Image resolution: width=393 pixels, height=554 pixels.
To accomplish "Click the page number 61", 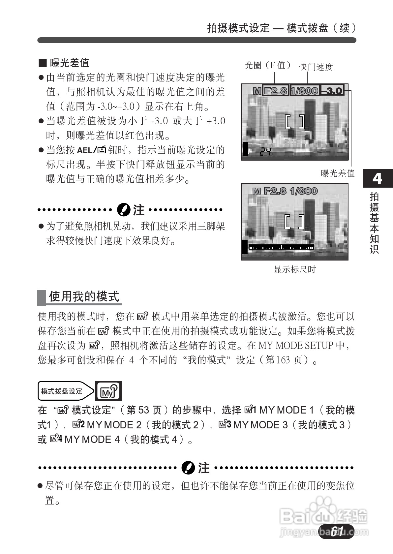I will tap(337, 531).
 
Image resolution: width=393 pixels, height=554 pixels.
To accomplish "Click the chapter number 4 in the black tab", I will tap(377, 178).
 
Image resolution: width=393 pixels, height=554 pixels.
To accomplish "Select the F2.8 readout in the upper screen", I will tap(276, 90).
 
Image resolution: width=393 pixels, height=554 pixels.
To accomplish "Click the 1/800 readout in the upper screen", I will tap(305, 90).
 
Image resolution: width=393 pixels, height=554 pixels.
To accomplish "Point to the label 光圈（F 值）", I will tap(268, 65).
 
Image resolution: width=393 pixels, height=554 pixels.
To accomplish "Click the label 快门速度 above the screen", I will tap(316, 67).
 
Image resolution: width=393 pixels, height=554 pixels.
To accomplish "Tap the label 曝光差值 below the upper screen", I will tap(338, 173).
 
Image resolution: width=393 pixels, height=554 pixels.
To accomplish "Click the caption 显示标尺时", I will tap(295, 269).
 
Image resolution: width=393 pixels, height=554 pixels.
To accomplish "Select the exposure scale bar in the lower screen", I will tap(281, 248).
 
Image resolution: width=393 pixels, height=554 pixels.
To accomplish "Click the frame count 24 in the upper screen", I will tap(265, 152).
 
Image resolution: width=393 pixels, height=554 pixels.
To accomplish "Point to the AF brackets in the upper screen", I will tap(294, 122).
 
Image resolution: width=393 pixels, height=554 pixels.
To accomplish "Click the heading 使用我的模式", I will tap(84, 296).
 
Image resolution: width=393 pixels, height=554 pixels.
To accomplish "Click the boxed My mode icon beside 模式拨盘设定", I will tap(108, 391).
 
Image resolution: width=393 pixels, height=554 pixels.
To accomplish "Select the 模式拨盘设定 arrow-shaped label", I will tap(65, 391).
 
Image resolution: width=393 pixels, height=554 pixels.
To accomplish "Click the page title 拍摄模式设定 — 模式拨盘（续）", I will tap(282, 28).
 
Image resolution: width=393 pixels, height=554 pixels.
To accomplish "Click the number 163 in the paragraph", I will tap(283, 360).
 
